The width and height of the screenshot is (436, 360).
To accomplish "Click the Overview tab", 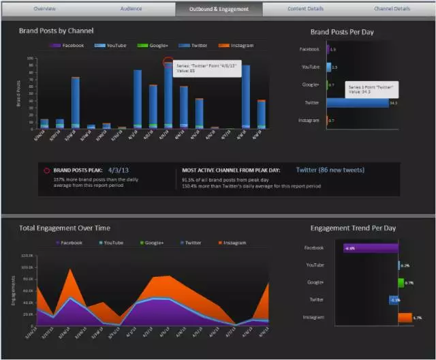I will (x=44, y=9).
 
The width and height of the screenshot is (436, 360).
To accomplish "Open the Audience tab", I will (x=131, y=9).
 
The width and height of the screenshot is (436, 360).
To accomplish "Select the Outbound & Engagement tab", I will (x=218, y=9).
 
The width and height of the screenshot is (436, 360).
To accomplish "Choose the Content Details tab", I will (x=306, y=9).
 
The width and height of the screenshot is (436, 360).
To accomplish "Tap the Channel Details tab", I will (x=392, y=9).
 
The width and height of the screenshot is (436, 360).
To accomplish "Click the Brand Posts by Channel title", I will (x=57, y=31).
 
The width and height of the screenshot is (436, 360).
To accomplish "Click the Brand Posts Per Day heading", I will (x=342, y=32).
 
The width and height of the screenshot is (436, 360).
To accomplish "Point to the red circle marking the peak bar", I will (x=168, y=62).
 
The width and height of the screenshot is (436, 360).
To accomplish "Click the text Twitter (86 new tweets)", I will (x=330, y=170).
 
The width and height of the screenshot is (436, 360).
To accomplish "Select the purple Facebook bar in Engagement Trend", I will (x=367, y=248).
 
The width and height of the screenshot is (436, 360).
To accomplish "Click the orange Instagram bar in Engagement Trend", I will (x=405, y=317).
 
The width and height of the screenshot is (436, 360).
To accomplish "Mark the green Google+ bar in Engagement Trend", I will (x=401, y=282).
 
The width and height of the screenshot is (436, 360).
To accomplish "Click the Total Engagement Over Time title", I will (x=65, y=228).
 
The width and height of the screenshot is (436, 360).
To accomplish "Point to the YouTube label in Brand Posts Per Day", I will (x=311, y=67).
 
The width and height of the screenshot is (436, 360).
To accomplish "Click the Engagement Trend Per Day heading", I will (x=353, y=228).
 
